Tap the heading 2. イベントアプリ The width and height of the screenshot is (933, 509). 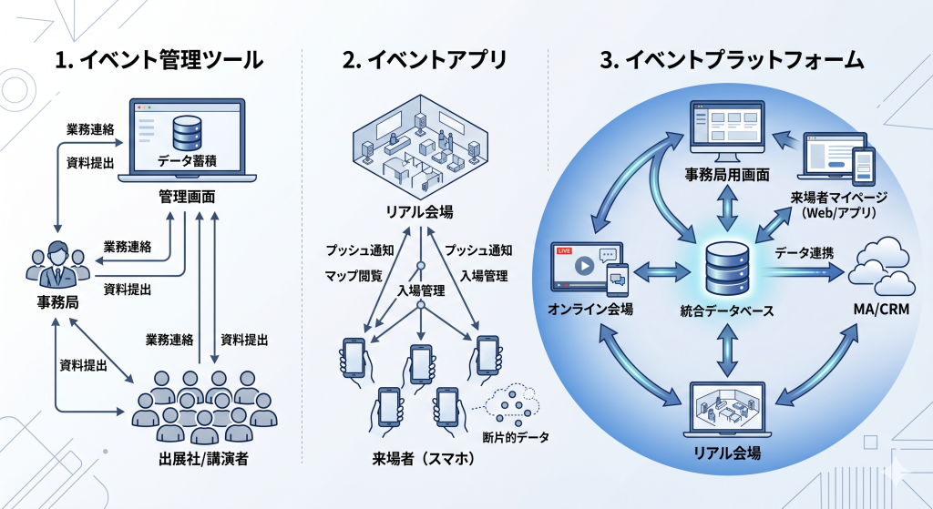coord(425,60)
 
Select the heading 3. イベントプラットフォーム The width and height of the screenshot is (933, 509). coord(732,60)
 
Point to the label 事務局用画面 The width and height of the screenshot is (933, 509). coord(727,173)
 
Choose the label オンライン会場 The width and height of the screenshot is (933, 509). coord(591,310)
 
